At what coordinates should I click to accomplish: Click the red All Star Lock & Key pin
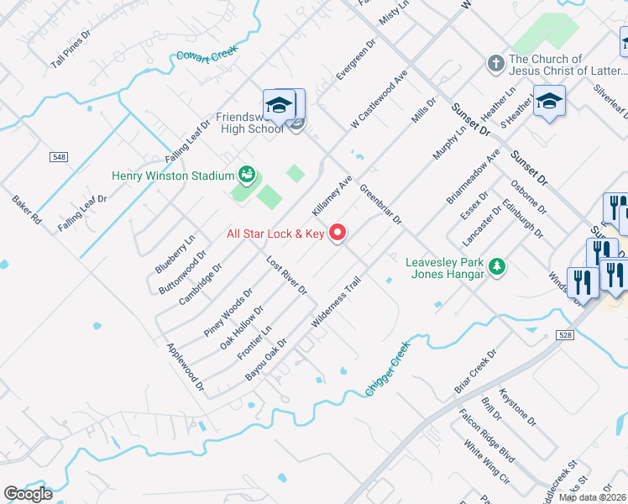click(x=338, y=233)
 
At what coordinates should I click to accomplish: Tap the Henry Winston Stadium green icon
click(x=247, y=175)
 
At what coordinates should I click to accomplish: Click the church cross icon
click(x=496, y=64)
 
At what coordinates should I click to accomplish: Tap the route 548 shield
click(x=58, y=157)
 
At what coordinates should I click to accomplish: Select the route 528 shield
click(x=563, y=336)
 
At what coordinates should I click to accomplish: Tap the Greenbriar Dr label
click(x=381, y=204)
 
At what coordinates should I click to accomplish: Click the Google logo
click(x=28, y=494)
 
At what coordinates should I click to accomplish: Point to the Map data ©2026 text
click(x=593, y=497)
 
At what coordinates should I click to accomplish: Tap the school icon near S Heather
click(x=549, y=102)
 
